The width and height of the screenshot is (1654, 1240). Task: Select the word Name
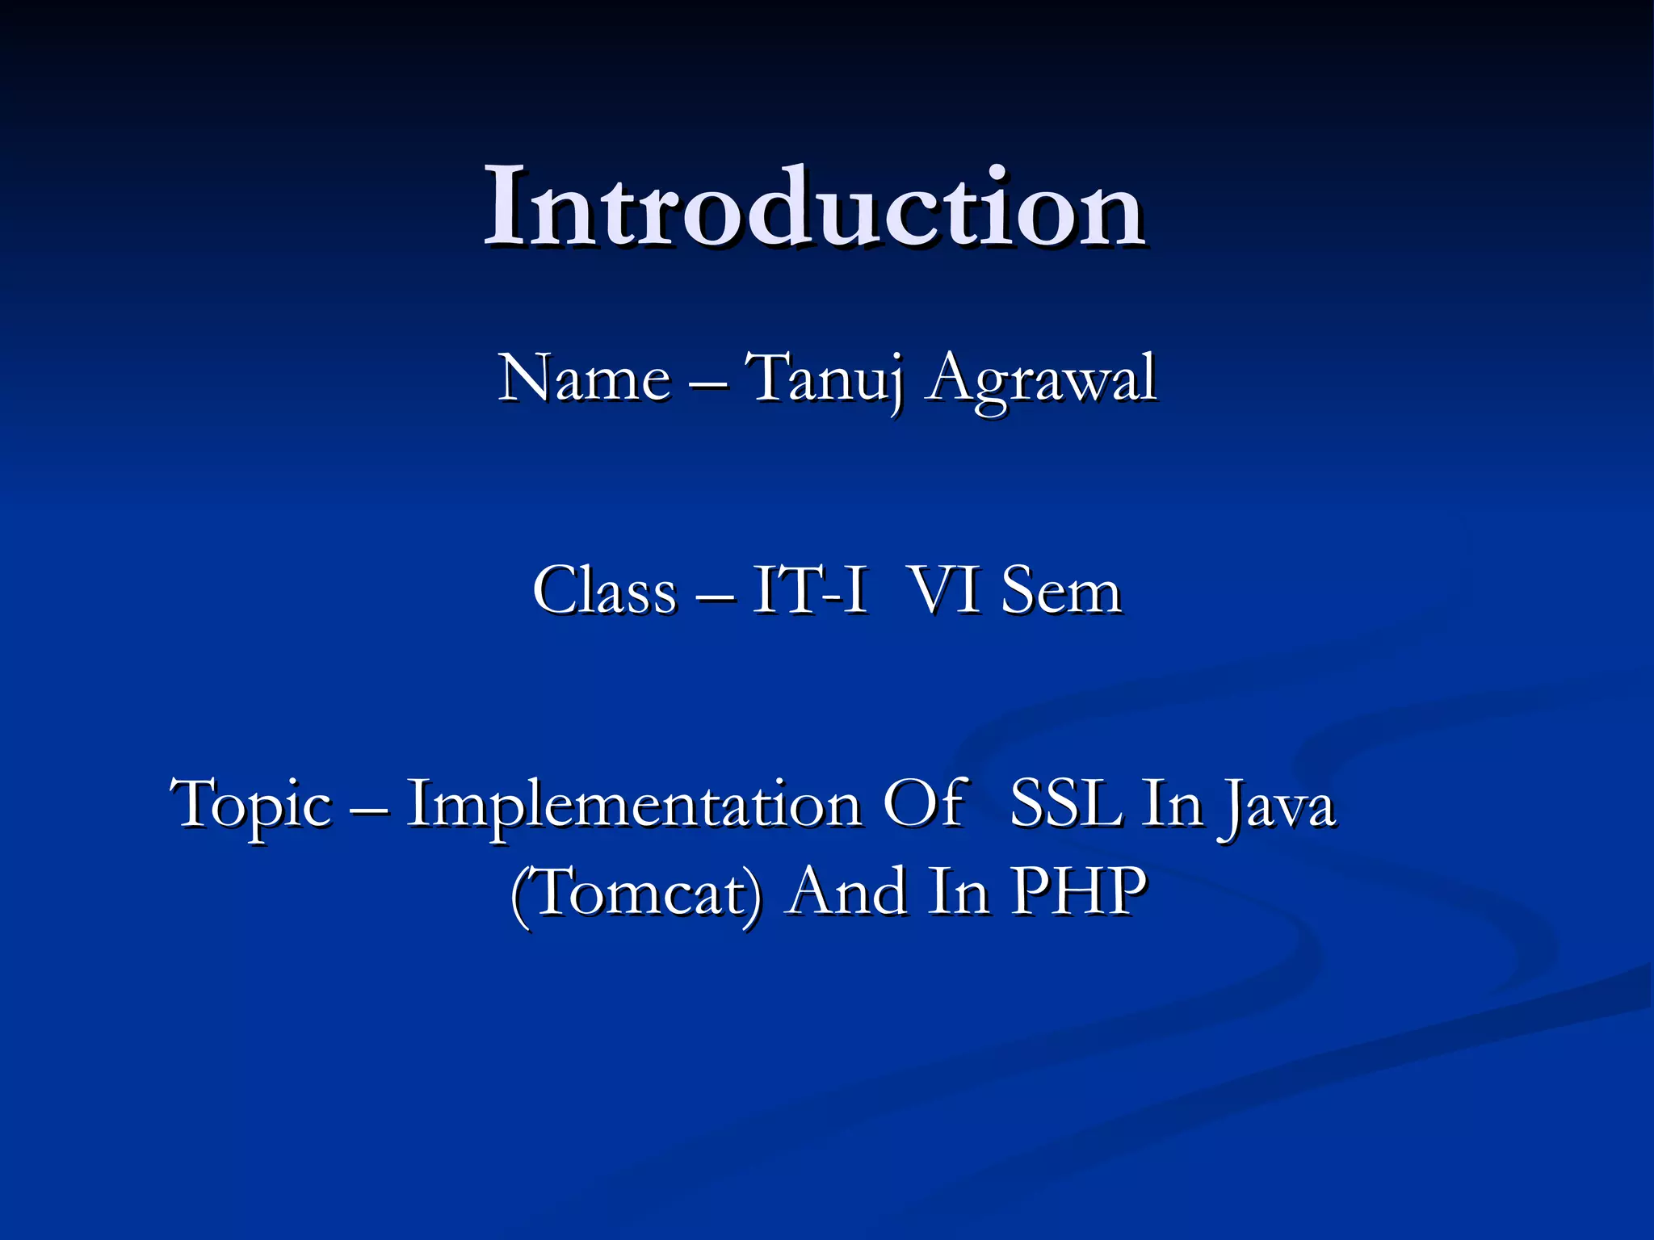coord(583,378)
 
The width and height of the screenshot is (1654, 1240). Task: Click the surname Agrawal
coord(1042,379)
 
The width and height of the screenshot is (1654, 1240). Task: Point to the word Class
coord(603,591)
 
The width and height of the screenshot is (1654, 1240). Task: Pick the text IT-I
coord(809,591)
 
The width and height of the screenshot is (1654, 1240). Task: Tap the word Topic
coord(251,805)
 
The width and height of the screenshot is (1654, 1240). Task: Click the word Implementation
coord(633,805)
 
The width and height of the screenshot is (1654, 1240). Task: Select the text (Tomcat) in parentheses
coord(636,892)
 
